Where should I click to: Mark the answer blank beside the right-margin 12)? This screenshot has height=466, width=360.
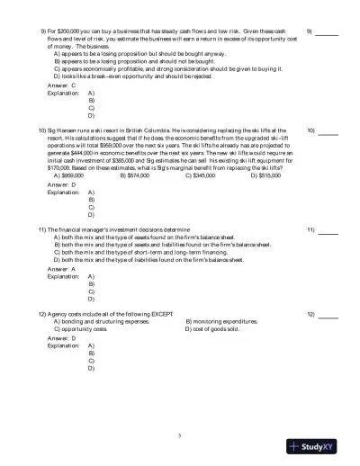(328, 315)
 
